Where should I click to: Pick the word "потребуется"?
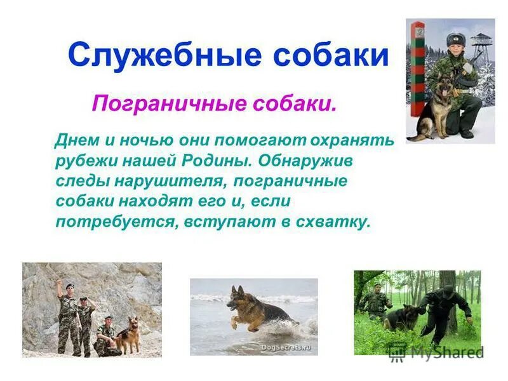(x=117, y=222)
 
